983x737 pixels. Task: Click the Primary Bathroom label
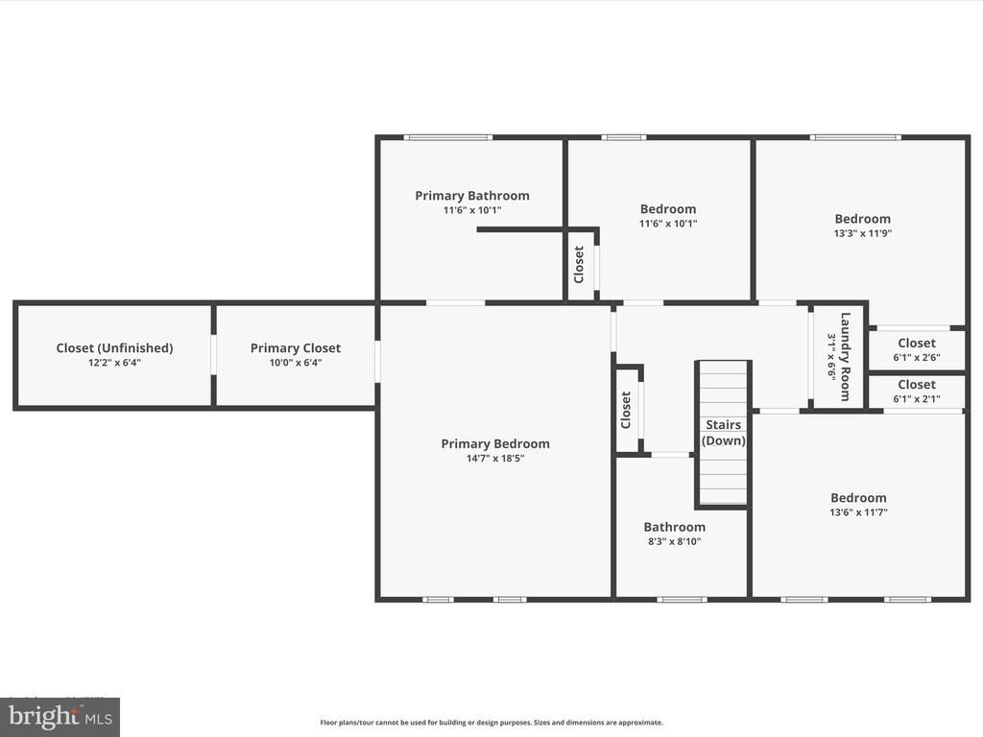(472, 196)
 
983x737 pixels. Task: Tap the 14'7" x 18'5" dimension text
(495, 458)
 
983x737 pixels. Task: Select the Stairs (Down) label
(724, 433)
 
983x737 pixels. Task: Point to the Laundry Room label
(845, 357)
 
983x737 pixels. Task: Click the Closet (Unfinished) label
(115, 347)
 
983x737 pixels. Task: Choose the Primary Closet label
(296, 347)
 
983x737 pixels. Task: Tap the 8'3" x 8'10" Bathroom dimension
(675, 541)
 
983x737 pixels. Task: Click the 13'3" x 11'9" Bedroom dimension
(863, 233)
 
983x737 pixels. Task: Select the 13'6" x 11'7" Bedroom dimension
(859, 512)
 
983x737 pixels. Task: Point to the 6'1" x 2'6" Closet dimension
(917, 358)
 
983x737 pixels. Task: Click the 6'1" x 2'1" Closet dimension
(917, 399)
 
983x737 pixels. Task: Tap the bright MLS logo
(60, 717)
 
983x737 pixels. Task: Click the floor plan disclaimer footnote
(491, 723)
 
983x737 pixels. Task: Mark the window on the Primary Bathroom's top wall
(447, 137)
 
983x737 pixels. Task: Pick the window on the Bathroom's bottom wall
(683, 600)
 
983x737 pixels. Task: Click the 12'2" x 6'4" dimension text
(115, 363)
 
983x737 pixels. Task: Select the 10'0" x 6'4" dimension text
(296, 363)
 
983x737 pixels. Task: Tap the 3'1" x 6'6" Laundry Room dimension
(831, 357)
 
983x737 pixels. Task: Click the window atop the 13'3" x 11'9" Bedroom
(855, 137)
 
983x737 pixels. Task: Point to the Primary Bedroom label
(495, 443)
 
